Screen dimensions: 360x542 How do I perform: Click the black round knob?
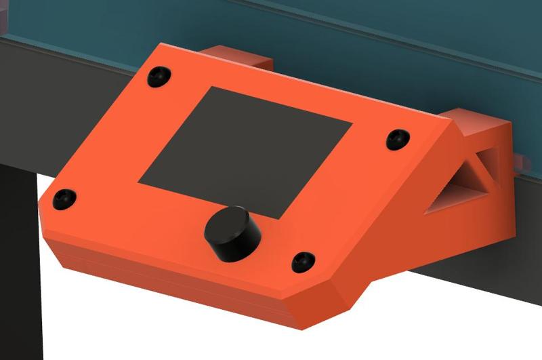pyautogui.click(x=232, y=233)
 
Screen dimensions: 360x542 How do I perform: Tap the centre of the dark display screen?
pyautogui.click(x=246, y=151)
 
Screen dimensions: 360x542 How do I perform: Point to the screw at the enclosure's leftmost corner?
pyautogui.click(x=65, y=197)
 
